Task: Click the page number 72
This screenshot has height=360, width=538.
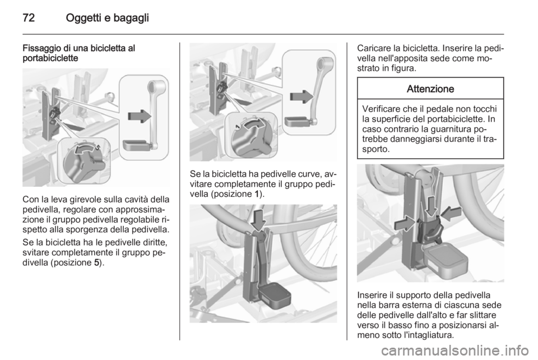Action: point(29,17)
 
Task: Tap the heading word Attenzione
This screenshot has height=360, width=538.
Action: point(430,89)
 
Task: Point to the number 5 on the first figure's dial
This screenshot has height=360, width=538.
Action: point(98,147)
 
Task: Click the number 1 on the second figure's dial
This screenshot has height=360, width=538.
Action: point(236,127)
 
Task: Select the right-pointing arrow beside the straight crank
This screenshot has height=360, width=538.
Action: point(140,116)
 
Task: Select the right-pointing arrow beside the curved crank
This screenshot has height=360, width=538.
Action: point(302,97)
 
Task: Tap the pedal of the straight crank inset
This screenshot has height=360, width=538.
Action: point(137,145)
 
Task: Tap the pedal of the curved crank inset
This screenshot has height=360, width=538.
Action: point(298,122)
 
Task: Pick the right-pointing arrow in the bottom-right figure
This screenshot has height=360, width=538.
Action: point(406,223)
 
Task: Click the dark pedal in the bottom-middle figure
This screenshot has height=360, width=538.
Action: point(274,296)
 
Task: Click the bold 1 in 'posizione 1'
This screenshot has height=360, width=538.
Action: point(257,194)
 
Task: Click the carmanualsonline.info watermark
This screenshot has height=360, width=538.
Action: point(458,351)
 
